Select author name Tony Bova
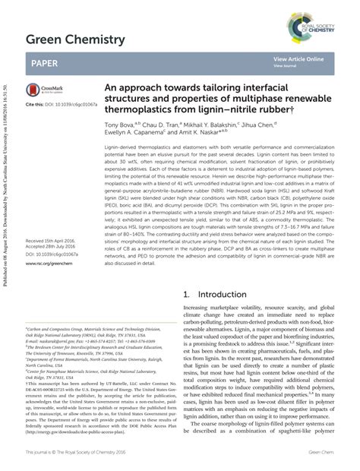click(x=120, y=123)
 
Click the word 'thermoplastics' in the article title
click(x=141, y=108)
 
